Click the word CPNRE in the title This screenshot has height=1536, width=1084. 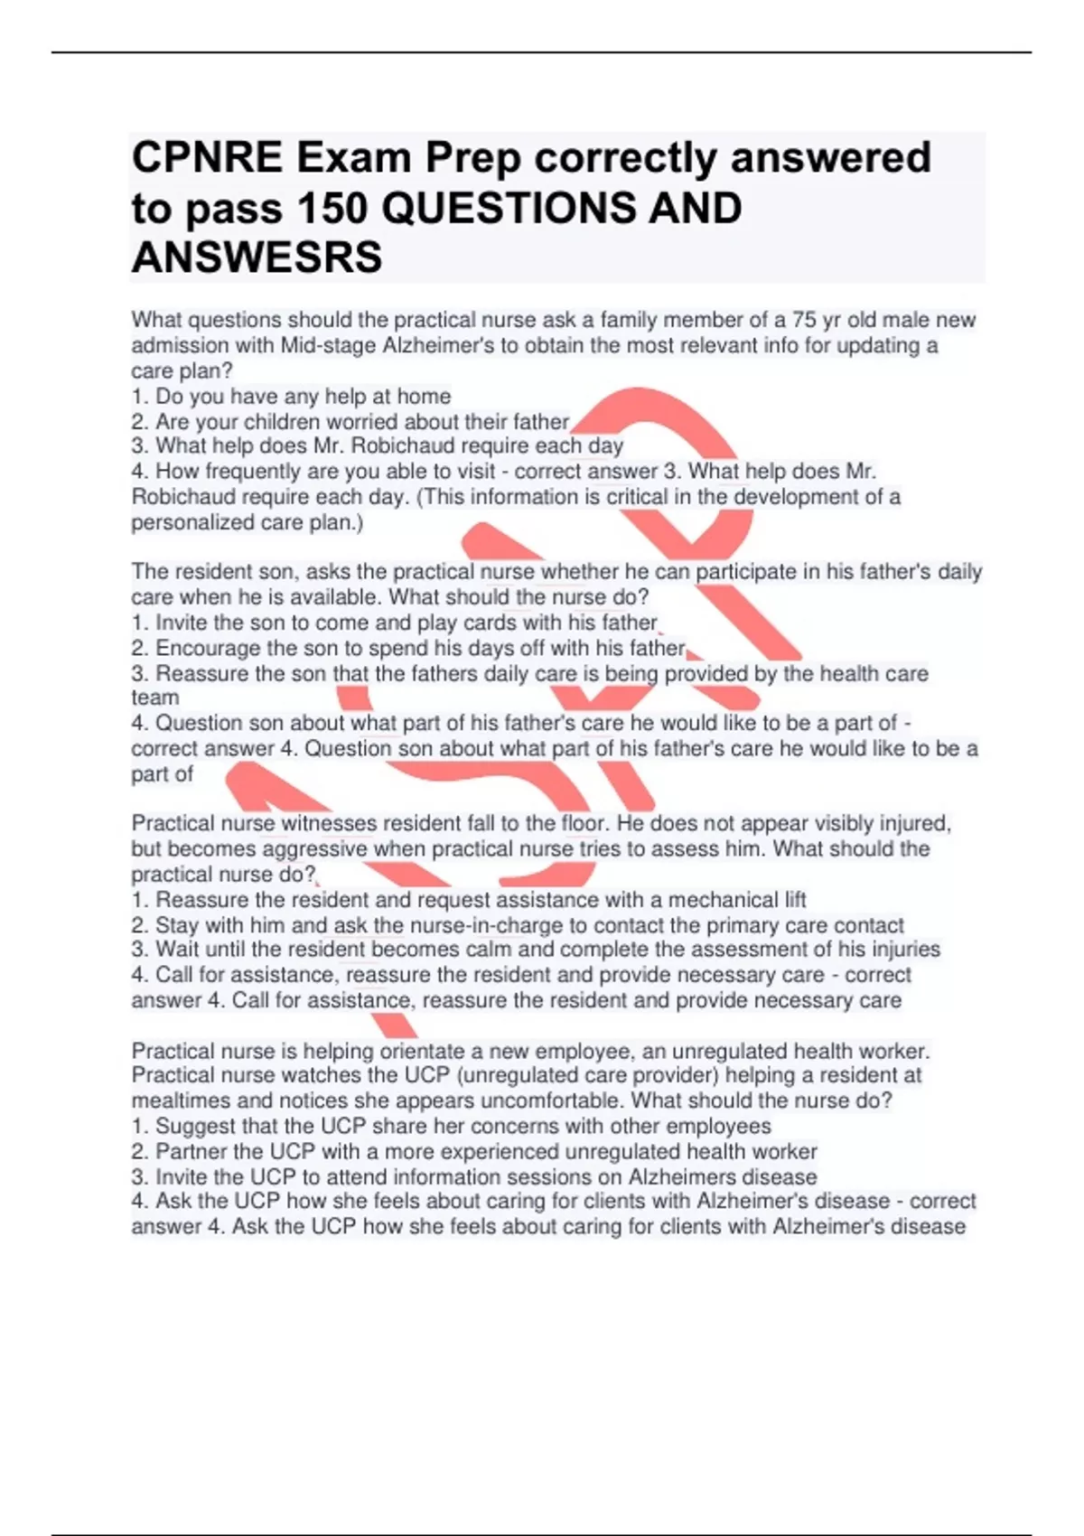207,158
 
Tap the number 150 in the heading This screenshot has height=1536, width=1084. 332,209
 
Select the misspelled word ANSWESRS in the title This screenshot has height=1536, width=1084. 257,258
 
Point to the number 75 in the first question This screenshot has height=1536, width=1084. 804,320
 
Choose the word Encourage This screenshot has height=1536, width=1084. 207,648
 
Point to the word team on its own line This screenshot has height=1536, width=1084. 155,698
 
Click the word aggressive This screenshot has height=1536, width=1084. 314,849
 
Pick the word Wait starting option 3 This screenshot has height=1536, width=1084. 176,950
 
